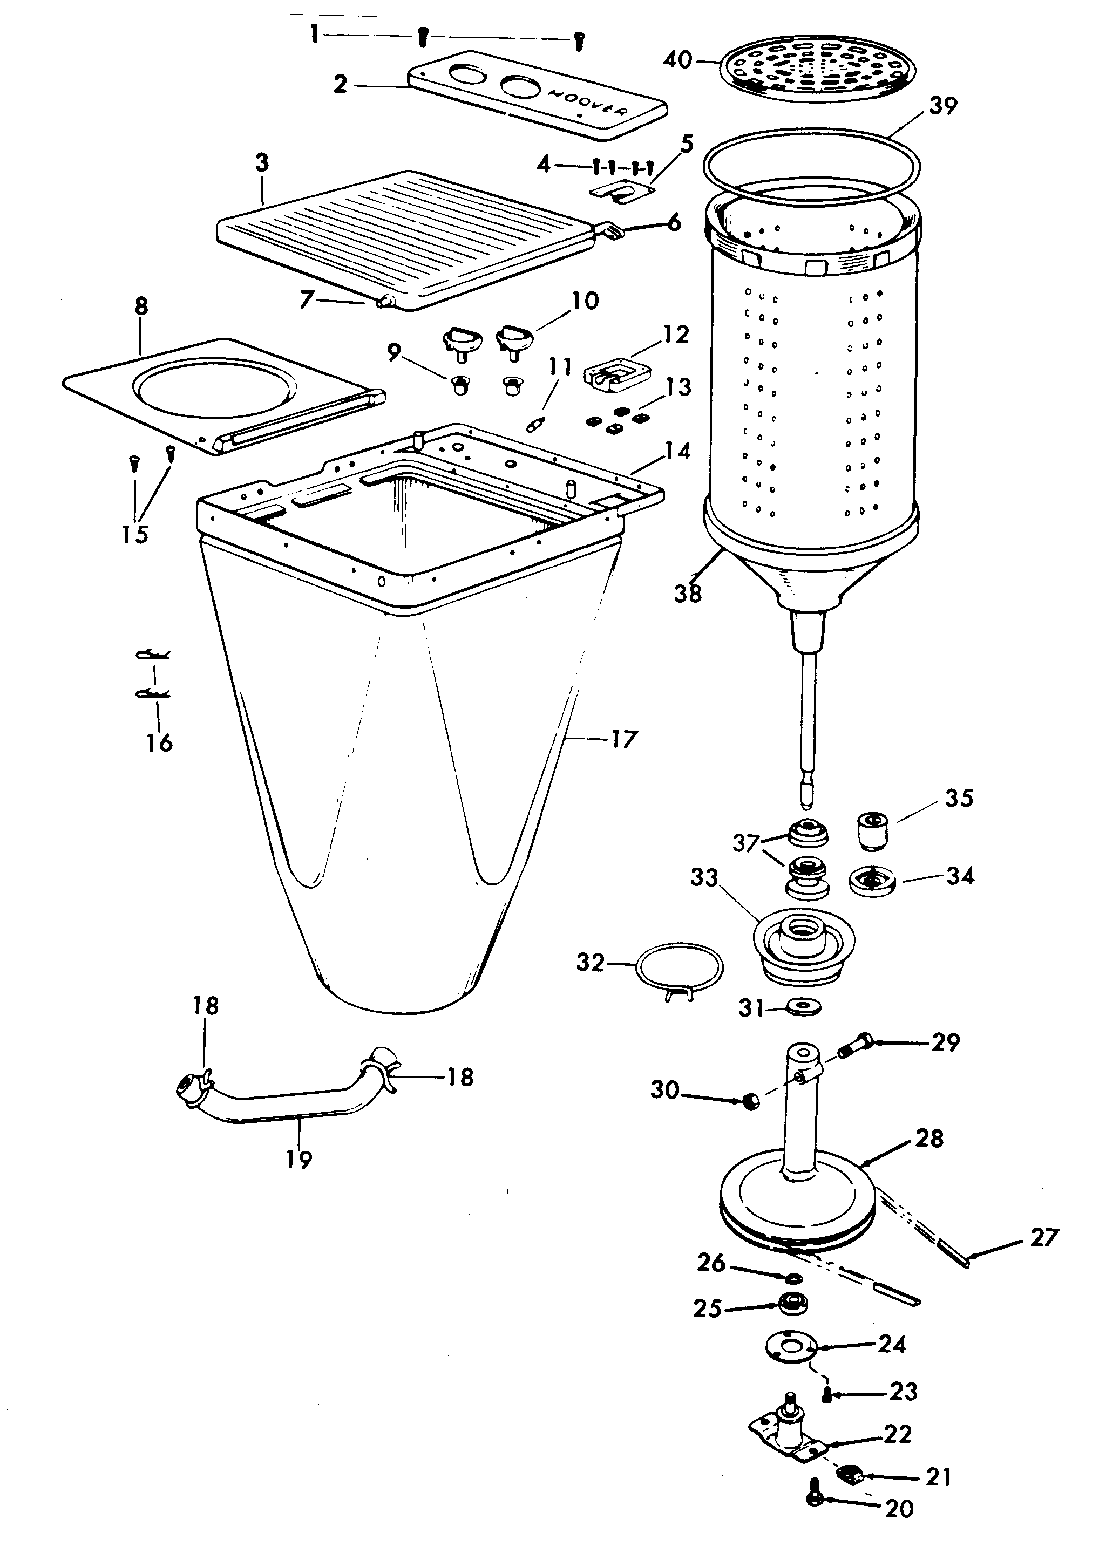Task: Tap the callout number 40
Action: [x=677, y=60]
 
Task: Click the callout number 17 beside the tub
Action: [x=622, y=739]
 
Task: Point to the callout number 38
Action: [x=688, y=594]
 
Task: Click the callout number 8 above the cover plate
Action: [x=141, y=306]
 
